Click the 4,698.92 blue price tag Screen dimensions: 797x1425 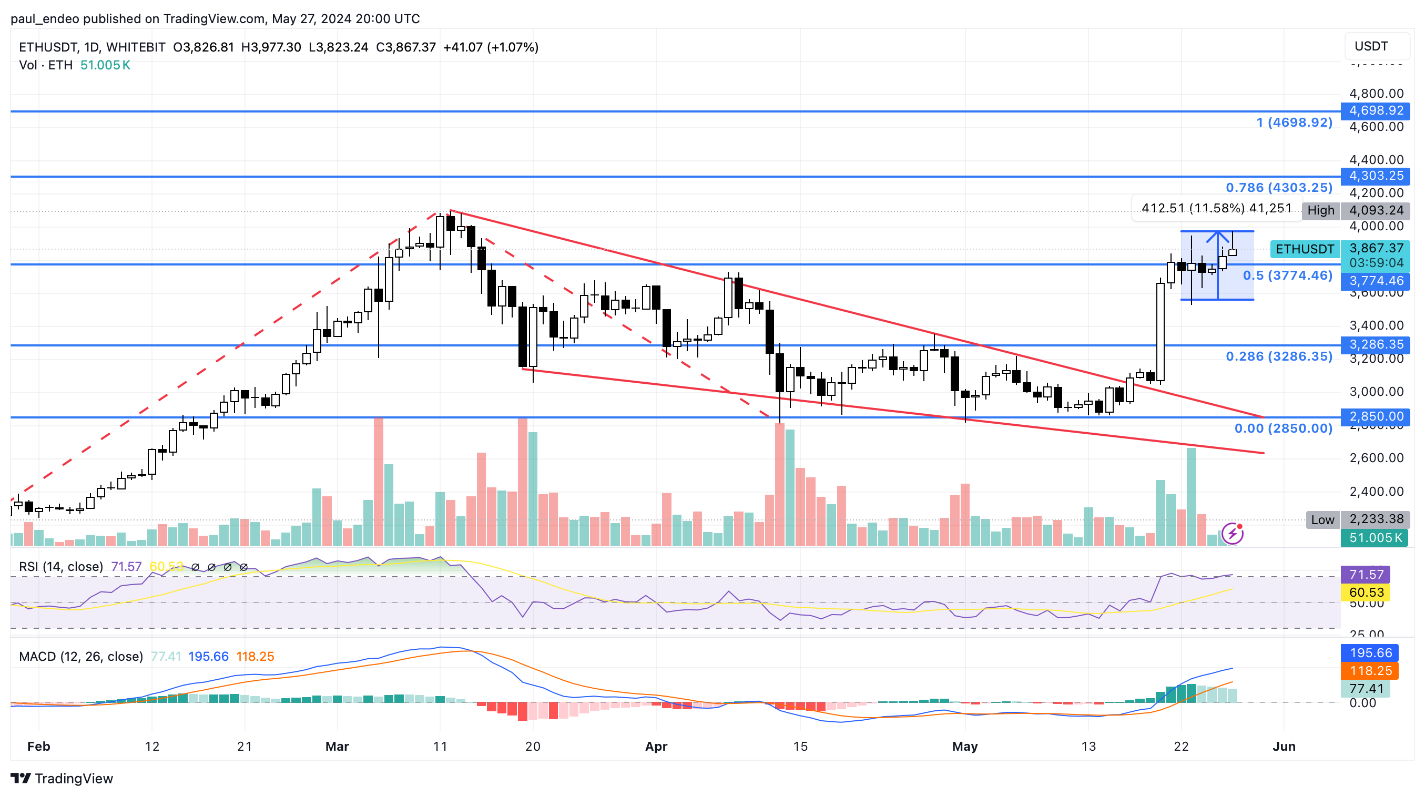pyautogui.click(x=1375, y=110)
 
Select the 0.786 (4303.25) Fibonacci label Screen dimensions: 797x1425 pyautogui.click(x=1278, y=188)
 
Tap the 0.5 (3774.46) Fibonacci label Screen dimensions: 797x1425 pyautogui.click(x=1287, y=275)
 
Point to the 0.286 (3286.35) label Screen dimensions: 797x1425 pyautogui.click(x=1278, y=357)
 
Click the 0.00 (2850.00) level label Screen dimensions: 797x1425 pyautogui.click(x=1283, y=428)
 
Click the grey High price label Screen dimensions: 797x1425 pyautogui.click(x=1320, y=211)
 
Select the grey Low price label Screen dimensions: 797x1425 pyautogui.click(x=1322, y=520)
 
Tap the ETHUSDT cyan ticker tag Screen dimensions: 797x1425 pyautogui.click(x=1305, y=249)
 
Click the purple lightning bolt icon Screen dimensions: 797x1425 pyautogui.click(x=1232, y=534)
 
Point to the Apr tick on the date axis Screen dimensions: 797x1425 pyautogui.click(x=656, y=747)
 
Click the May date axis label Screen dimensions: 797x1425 pyautogui.click(x=964, y=747)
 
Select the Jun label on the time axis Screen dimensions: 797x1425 pyautogui.click(x=1284, y=747)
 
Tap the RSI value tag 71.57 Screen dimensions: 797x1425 pyautogui.click(x=1365, y=575)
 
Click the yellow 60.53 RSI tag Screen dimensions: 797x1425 pyautogui.click(x=1365, y=593)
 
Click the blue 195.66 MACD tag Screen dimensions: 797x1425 pyautogui.click(x=1370, y=653)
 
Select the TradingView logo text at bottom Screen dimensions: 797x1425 pyautogui.click(x=62, y=779)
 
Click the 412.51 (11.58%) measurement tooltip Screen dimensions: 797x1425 pyautogui.click(x=1216, y=209)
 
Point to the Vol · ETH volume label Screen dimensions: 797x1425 pyautogui.click(x=46, y=65)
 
